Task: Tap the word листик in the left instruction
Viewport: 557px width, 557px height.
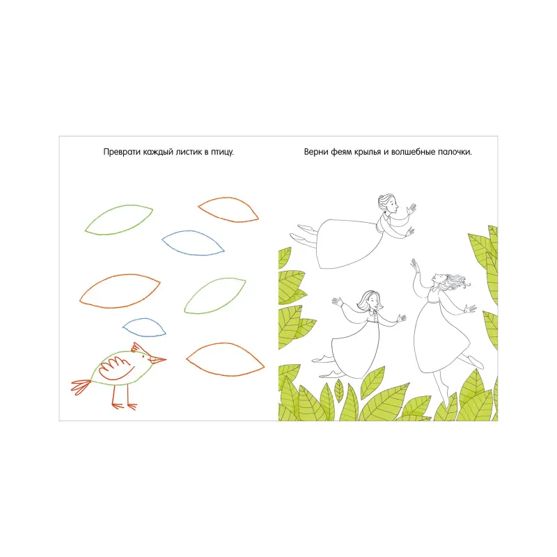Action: [189, 152]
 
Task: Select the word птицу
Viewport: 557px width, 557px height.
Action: [222, 152]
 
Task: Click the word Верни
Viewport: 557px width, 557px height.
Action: [316, 152]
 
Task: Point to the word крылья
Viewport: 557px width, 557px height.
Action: [368, 152]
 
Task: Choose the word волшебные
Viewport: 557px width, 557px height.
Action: [412, 152]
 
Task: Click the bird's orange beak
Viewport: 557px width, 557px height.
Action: [158, 360]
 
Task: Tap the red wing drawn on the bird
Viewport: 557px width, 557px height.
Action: [114, 368]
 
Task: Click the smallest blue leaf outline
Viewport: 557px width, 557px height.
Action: [144, 327]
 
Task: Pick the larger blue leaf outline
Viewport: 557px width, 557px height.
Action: [193, 243]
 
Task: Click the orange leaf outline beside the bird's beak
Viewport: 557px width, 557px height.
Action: [225, 359]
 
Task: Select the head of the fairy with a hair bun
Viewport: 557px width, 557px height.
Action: [388, 203]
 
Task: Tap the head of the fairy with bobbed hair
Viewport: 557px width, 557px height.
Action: [370, 301]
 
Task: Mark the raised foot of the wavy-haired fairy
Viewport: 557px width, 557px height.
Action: [475, 362]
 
